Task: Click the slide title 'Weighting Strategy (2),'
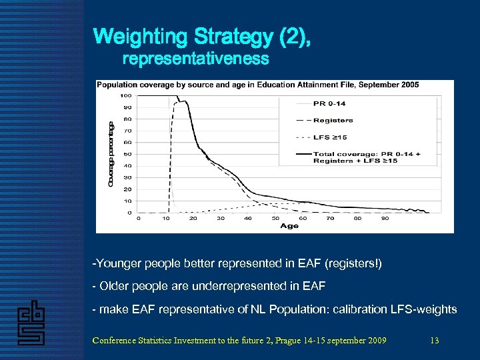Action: (201, 36)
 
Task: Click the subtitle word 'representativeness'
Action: (195, 59)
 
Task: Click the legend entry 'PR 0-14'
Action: (329, 103)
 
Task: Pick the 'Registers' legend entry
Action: (333, 121)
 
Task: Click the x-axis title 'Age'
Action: (289, 226)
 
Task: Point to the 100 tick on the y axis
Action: (125, 95)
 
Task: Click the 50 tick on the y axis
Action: (127, 154)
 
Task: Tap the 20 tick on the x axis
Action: (193, 219)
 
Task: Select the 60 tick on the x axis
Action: (303, 219)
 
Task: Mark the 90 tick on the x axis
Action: (385, 219)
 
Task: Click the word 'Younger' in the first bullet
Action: (117, 263)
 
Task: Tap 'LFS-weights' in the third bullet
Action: (428, 309)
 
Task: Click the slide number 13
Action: (435, 341)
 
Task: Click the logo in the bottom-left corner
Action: (31, 324)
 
